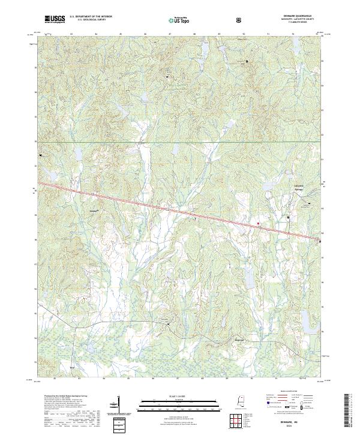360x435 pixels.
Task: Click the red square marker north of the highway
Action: [x=259, y=223]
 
